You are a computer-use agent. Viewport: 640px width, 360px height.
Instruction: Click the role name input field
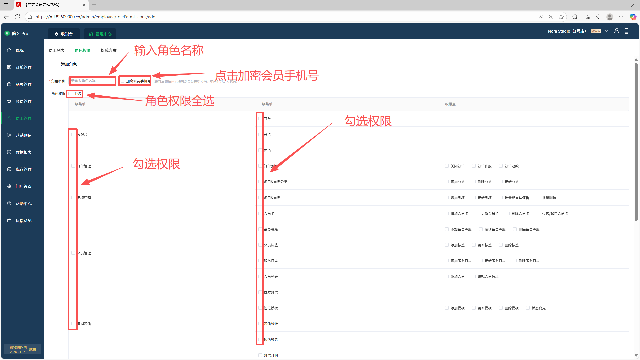[x=93, y=81]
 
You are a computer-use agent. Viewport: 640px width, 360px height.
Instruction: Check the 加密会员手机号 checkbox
[x=123, y=81]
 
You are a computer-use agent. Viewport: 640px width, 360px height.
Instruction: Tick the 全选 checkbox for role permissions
[x=70, y=94]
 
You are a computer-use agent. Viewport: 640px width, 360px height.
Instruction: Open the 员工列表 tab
[x=57, y=50]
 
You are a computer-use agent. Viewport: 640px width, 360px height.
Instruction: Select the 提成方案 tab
[x=109, y=50]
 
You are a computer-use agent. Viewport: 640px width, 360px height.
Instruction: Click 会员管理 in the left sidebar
[x=23, y=101]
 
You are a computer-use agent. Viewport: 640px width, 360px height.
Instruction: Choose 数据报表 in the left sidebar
[x=23, y=152]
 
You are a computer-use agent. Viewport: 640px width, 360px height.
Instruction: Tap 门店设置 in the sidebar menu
[x=23, y=186]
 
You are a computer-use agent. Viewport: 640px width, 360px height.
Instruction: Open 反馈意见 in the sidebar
[x=23, y=221]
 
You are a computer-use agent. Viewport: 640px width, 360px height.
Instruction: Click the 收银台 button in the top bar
[x=64, y=34]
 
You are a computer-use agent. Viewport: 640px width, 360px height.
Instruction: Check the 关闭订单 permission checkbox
[x=447, y=166]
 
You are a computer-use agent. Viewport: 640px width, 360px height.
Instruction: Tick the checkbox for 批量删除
[x=538, y=198]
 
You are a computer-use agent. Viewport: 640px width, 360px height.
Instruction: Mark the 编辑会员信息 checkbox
[x=474, y=276]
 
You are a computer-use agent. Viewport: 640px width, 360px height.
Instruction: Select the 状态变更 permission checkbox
[x=528, y=308]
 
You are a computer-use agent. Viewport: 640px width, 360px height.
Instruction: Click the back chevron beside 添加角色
[x=52, y=64]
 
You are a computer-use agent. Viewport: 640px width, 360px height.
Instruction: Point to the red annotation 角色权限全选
[x=180, y=101]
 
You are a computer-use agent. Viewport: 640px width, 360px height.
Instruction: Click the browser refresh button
[x=17, y=17]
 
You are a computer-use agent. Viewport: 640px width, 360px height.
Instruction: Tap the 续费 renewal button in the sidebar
[x=33, y=349]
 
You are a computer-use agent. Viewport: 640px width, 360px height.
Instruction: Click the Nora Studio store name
[x=567, y=31]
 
